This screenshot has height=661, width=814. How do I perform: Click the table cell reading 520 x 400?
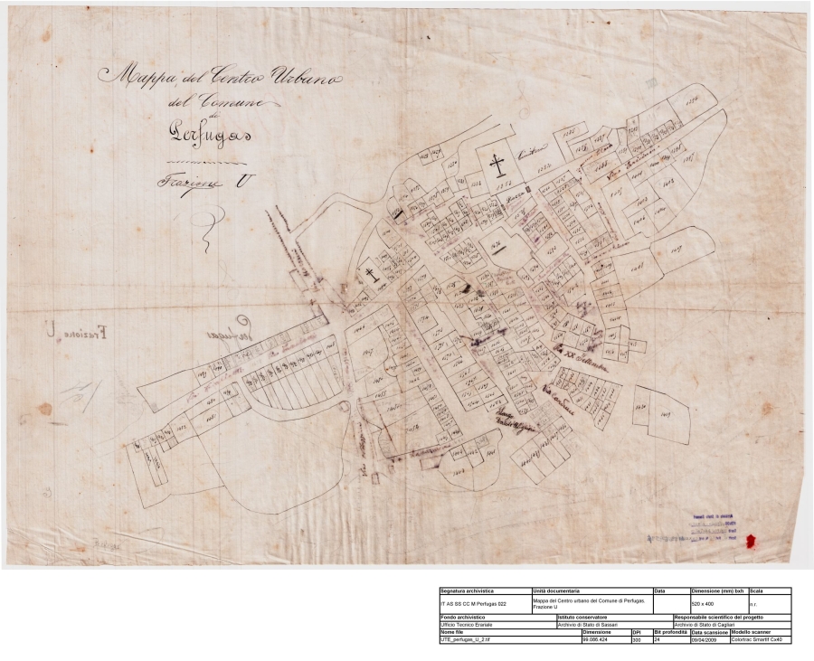coord(702,601)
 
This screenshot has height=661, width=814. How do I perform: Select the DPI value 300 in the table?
coord(637,639)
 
